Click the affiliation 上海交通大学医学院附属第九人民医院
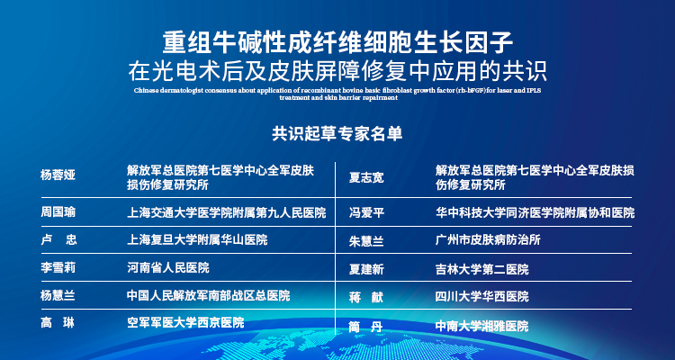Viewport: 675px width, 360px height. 226,213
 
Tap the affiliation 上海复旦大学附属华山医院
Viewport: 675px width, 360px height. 197,240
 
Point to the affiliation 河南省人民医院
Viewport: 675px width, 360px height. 168,268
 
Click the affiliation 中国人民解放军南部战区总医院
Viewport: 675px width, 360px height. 209,295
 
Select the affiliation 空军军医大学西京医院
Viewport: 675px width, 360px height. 185,322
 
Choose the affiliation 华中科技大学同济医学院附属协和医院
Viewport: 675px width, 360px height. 535,214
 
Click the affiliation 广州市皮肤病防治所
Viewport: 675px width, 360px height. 488,241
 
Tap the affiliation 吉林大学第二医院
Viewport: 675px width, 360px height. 481,269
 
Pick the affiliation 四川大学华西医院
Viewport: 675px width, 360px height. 481,296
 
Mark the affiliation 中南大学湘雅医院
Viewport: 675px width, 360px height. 481,326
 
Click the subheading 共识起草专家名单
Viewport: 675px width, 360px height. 337,133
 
